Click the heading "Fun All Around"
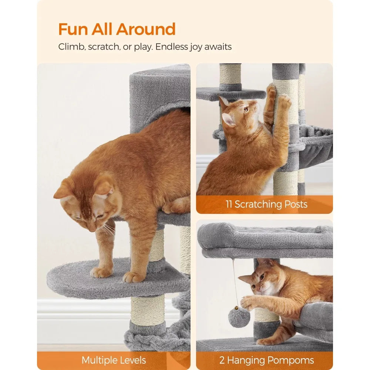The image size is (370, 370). click(x=117, y=29)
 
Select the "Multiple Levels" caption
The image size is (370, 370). click(x=114, y=360)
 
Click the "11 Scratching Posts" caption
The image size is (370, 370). click(x=266, y=204)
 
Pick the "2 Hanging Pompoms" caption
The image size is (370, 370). click(x=266, y=360)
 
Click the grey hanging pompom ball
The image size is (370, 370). click(x=239, y=317)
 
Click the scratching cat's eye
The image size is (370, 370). click(x=246, y=110)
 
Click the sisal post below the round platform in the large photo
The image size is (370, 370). click(x=148, y=310)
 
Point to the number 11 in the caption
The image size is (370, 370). click(x=229, y=204)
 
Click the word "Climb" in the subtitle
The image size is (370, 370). click(x=72, y=47)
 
